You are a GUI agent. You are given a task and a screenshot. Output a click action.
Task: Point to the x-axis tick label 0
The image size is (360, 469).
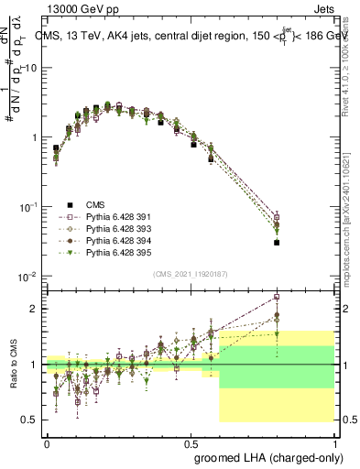pyautogui.click(x=47, y=442)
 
